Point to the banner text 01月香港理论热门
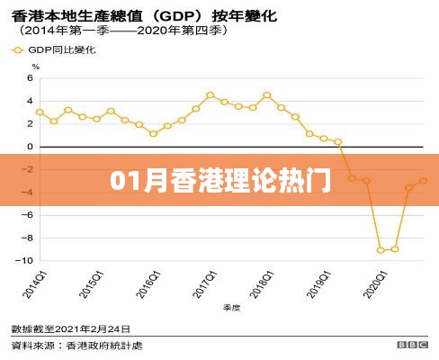(x=219, y=176)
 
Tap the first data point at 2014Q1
(x=40, y=112)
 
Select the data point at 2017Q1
(x=210, y=94)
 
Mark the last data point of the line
(x=423, y=180)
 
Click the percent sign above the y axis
(x=35, y=67)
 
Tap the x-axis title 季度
(x=231, y=307)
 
